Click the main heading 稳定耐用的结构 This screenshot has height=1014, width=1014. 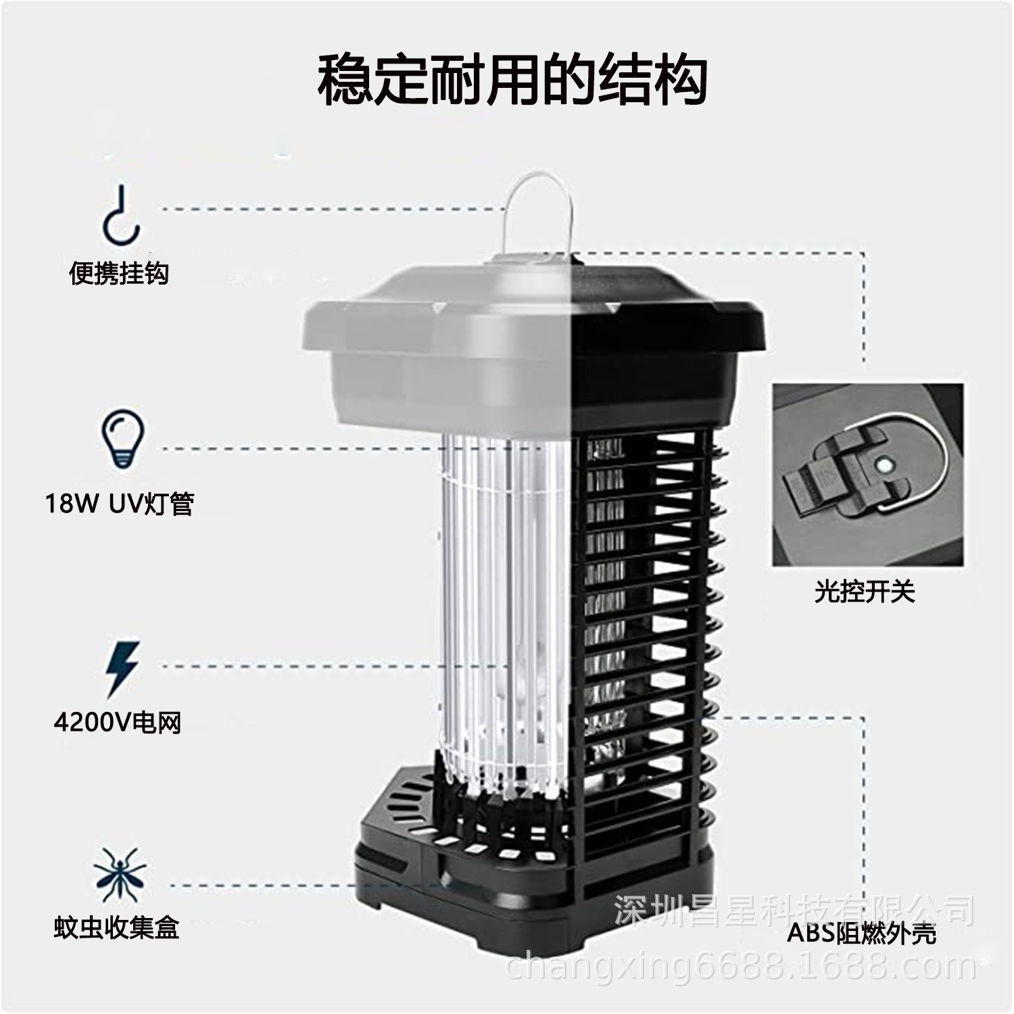512,81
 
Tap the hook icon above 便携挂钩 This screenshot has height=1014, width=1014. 122,215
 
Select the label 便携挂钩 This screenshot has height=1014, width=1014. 119,274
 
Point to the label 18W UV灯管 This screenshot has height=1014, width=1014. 120,504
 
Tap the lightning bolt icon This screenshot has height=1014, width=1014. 123,668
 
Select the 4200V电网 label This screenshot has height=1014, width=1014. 118,723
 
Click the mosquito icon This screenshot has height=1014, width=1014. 120,873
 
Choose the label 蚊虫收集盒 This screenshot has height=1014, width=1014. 117,927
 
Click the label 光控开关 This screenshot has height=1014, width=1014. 864,592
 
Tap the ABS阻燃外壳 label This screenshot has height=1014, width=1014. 862,934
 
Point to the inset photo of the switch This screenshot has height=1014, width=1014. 868,475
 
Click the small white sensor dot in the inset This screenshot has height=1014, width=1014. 882,464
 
